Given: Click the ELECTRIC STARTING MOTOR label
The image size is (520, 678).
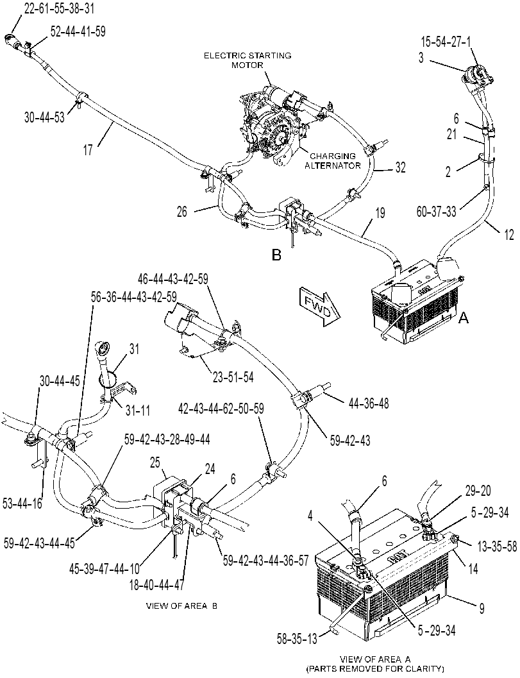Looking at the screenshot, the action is pyautogui.click(x=247, y=60).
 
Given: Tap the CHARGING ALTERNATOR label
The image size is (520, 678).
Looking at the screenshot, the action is pyautogui.click(x=332, y=160).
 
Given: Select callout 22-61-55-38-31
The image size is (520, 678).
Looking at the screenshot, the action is pyautogui.click(x=59, y=8).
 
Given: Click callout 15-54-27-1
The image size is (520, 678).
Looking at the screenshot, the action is pyautogui.click(x=446, y=42).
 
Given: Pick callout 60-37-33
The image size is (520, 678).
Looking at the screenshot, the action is pyautogui.click(x=436, y=212).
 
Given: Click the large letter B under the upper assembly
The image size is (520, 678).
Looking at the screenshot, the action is pyautogui.click(x=276, y=255).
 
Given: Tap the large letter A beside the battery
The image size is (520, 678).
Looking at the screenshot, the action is pyautogui.click(x=463, y=319).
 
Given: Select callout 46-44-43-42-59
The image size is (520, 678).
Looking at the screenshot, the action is pyautogui.click(x=172, y=279).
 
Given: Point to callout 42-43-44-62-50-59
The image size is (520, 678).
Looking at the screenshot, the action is pyautogui.click(x=221, y=408).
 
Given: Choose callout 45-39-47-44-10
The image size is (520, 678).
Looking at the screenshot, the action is pyautogui.click(x=105, y=568).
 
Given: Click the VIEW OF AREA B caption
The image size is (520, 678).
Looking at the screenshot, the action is pyautogui.click(x=181, y=606).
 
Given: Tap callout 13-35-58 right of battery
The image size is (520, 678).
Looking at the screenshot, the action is pyautogui.click(x=497, y=546).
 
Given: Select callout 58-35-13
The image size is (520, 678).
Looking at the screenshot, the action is pyautogui.click(x=296, y=639).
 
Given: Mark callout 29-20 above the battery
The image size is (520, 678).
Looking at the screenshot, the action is pyautogui.click(x=478, y=491).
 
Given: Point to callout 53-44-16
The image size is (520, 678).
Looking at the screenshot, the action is pyautogui.click(x=22, y=503).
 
